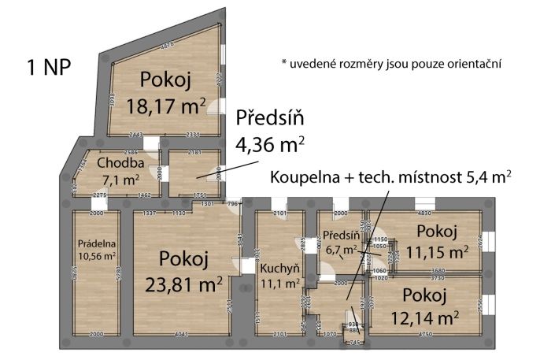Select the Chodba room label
pyautogui.click(x=120, y=163)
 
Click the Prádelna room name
pyautogui.click(x=95, y=243)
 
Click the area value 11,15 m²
pyautogui.click(x=437, y=251)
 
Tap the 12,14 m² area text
pyautogui.click(x=425, y=317)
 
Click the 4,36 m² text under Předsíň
pyautogui.click(x=270, y=144)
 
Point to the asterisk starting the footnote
pyautogui.click(x=283, y=62)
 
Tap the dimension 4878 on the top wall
pyautogui.click(x=166, y=48)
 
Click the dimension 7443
pyautogui.click(x=135, y=135)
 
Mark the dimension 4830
pyautogui.click(x=425, y=213)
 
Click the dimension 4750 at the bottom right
pyautogui.click(x=426, y=335)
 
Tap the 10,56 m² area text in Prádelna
pyautogui.click(x=95, y=256)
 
